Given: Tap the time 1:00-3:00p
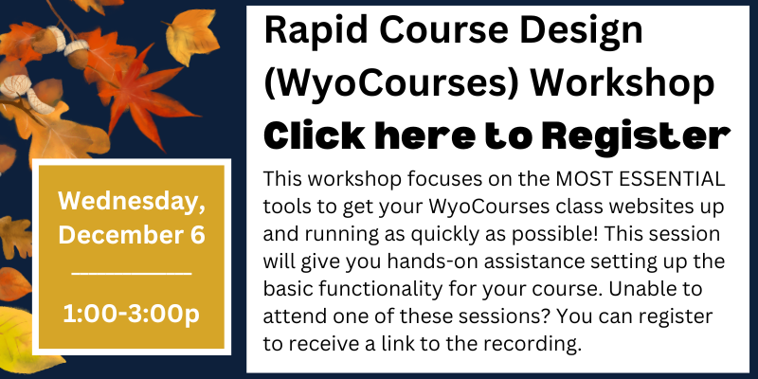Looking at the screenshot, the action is (132, 315).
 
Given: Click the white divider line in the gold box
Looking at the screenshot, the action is (132, 274).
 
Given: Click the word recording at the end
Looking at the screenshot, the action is (534, 344).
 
